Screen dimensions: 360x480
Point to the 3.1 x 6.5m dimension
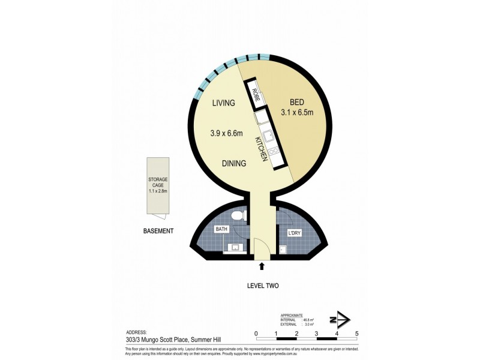pyautogui.click(x=298, y=112)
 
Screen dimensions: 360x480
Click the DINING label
pyautogui.click(x=234, y=163)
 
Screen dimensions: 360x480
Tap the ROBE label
pyautogui.click(x=255, y=95)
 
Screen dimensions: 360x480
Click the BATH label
pyautogui.click(x=221, y=230)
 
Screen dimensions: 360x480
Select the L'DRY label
pyautogui.click(x=294, y=232)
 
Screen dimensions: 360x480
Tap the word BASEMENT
pyautogui.click(x=158, y=231)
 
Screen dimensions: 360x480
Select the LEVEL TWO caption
pyautogui.click(x=263, y=286)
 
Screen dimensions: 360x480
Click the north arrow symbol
pyautogui.click(x=340, y=319)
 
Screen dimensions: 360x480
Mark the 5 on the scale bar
pyautogui.click(x=357, y=334)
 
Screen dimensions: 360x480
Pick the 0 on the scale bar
pyautogui.click(x=256, y=334)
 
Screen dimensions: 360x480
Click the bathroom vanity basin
pyautogui.click(x=234, y=247)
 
